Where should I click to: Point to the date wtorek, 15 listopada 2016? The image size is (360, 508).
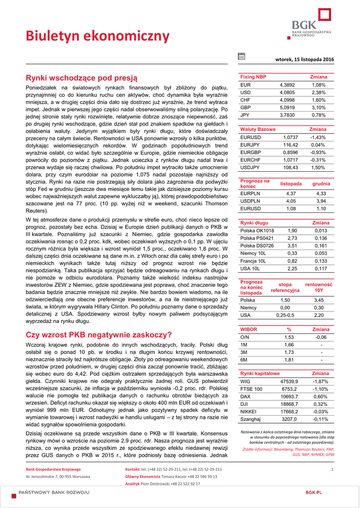coord(304,60)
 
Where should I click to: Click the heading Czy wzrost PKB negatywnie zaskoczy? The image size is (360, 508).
coord(99,334)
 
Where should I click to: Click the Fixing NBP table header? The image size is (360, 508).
coord(253,77)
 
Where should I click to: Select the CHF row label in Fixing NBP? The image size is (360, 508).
coord(245,100)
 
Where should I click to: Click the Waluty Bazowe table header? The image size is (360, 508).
coord(258,129)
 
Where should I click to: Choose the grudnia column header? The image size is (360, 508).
coord(321,184)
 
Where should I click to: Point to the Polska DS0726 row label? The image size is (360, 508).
coord(257,246)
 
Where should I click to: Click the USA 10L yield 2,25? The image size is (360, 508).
coord(292,268)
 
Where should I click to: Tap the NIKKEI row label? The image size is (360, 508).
coord(248,411)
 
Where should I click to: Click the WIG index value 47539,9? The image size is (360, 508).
coord(289,381)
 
